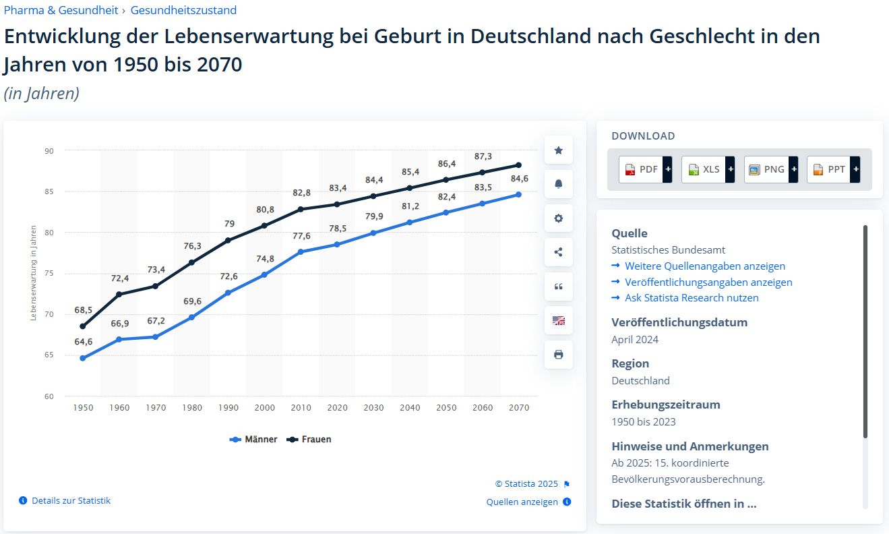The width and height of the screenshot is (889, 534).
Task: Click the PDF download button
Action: coord(645,169)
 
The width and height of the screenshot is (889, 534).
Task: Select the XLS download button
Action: coord(708,169)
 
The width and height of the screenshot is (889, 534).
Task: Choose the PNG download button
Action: coord(770,169)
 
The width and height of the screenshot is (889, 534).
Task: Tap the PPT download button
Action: coord(833,169)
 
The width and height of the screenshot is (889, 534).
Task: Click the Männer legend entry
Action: coord(254,439)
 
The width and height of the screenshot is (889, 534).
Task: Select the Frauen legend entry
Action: coord(310,439)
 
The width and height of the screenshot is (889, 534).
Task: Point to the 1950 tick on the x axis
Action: coord(83,407)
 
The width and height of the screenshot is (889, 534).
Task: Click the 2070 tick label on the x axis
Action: coord(519,407)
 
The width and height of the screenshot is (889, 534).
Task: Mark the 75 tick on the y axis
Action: coord(49,274)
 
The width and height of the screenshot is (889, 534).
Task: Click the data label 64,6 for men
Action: coord(83,342)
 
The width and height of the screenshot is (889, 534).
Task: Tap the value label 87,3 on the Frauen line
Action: coord(482,156)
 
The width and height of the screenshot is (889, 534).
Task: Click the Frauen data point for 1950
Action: coord(83,326)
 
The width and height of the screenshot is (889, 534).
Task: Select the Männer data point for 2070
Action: coord(518,194)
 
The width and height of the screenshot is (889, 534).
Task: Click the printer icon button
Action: coord(558,355)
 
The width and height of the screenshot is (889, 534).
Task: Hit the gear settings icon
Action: coord(558,218)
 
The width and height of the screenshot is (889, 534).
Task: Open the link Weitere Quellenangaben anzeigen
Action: coord(704,266)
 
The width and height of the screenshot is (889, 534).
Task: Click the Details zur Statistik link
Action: coord(71,501)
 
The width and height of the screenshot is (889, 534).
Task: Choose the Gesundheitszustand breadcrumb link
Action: coord(183,10)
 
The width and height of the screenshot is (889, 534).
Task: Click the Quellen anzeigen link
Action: coord(522,502)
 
